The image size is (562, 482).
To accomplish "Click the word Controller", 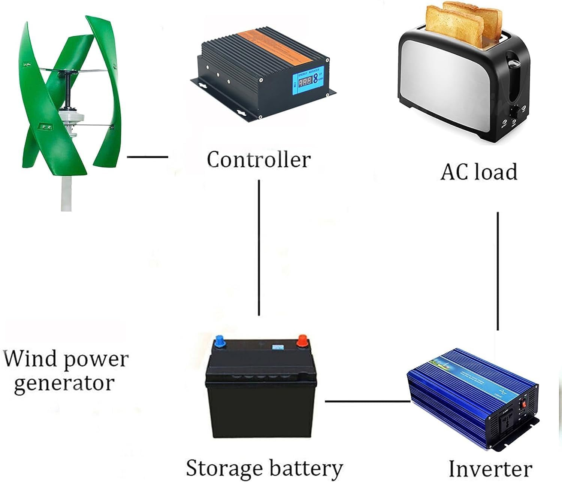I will pyautogui.click(x=259, y=160).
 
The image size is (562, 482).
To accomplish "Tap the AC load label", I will pyautogui.click(x=479, y=172).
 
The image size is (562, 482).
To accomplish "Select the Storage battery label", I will pyautogui.click(x=264, y=468).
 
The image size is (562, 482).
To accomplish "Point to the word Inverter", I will pyautogui.click(x=490, y=469).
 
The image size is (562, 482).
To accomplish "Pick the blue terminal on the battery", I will pyautogui.click(x=219, y=342).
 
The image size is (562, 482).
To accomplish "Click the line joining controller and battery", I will pyautogui.click(x=259, y=247).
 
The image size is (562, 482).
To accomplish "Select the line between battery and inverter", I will pyautogui.click(x=367, y=401).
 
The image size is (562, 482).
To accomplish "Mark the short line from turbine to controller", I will pyautogui.click(x=147, y=157).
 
